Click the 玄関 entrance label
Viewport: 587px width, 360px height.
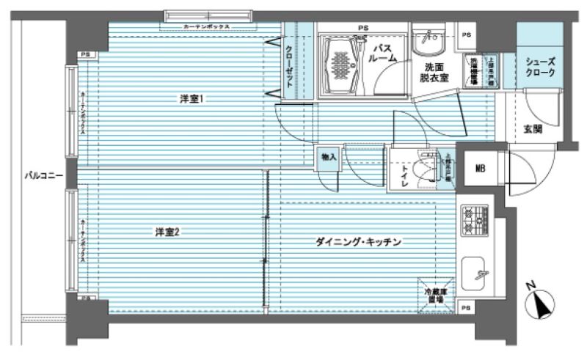533,129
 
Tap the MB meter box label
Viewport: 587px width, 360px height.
481,169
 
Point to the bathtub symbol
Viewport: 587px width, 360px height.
341,63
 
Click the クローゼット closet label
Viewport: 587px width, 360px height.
289,67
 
